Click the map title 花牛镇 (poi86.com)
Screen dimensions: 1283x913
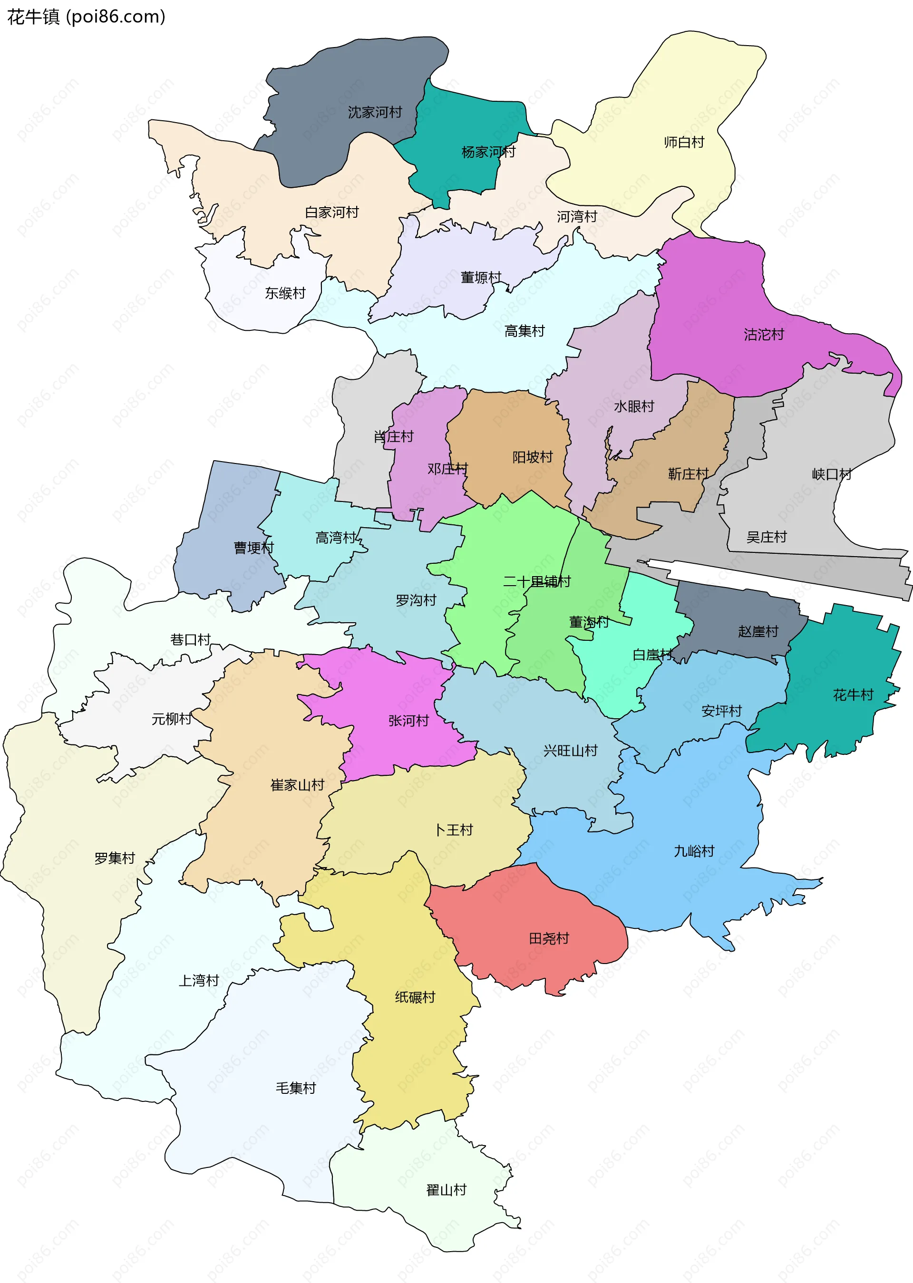[86, 17]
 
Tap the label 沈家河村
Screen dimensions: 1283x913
[375, 112]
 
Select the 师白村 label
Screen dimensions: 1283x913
[684, 142]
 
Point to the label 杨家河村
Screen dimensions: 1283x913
[488, 152]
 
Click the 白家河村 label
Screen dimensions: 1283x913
[332, 212]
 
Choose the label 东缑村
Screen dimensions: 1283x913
[285, 293]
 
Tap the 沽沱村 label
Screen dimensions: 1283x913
[764, 335]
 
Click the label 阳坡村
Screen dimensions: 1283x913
[533, 457]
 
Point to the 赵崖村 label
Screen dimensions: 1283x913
[758, 632]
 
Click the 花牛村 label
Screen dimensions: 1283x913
[853, 695]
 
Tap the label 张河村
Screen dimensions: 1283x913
[409, 721]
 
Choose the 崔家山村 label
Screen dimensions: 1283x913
[297, 785]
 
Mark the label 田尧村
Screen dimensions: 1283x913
[549, 938]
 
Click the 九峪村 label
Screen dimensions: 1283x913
[694, 851]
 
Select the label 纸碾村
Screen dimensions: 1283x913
[415, 997]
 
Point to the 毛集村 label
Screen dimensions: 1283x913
[296, 1088]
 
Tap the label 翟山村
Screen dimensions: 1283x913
[447, 1190]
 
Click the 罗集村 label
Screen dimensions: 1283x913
[115, 858]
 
